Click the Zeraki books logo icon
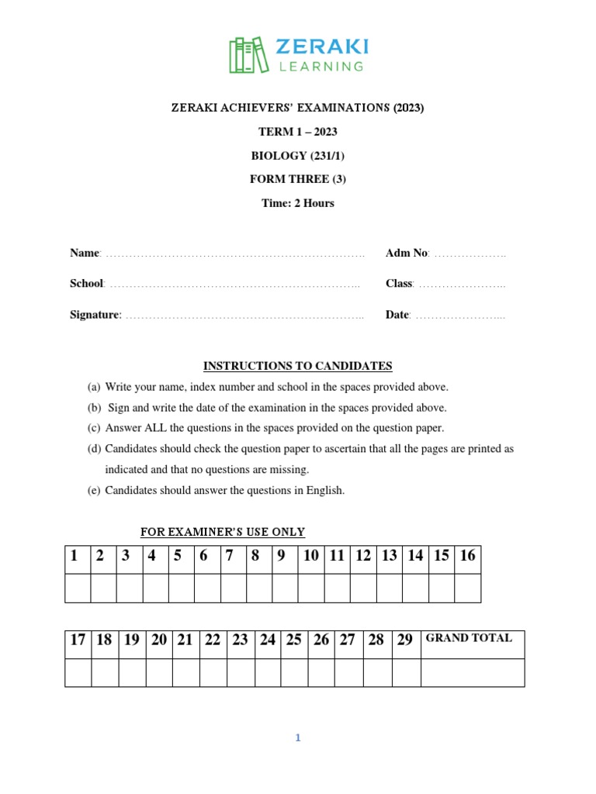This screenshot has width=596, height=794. [246, 55]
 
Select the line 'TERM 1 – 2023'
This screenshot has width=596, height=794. [297, 132]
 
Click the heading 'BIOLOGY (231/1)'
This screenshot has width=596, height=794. [297, 156]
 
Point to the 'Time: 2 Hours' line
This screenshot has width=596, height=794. [297, 203]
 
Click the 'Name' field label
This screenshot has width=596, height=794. [85, 253]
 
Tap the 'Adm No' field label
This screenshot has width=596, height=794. [406, 253]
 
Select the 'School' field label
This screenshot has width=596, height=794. [87, 284]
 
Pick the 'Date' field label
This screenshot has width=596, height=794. [397, 315]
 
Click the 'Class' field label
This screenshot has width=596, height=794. [399, 284]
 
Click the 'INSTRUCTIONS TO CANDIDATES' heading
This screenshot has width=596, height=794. [297, 366]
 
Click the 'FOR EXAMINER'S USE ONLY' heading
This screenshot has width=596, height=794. [222, 532]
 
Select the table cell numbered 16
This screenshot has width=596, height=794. [467, 555]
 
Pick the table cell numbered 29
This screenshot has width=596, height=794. [405, 640]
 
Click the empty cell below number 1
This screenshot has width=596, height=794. [78, 588]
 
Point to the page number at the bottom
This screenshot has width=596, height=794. [297, 738]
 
